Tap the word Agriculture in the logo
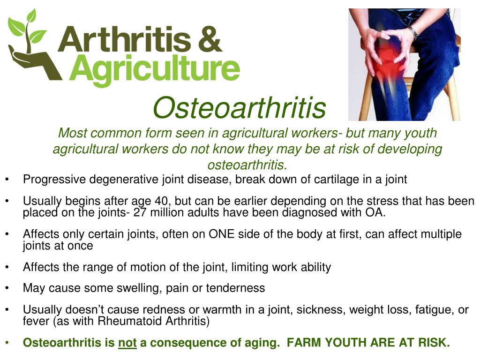[x=157, y=69]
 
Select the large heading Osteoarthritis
[x=239, y=107]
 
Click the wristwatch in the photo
[x=413, y=32]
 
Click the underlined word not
[x=127, y=343]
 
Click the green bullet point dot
[x=8, y=343]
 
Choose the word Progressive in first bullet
[x=54, y=180]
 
